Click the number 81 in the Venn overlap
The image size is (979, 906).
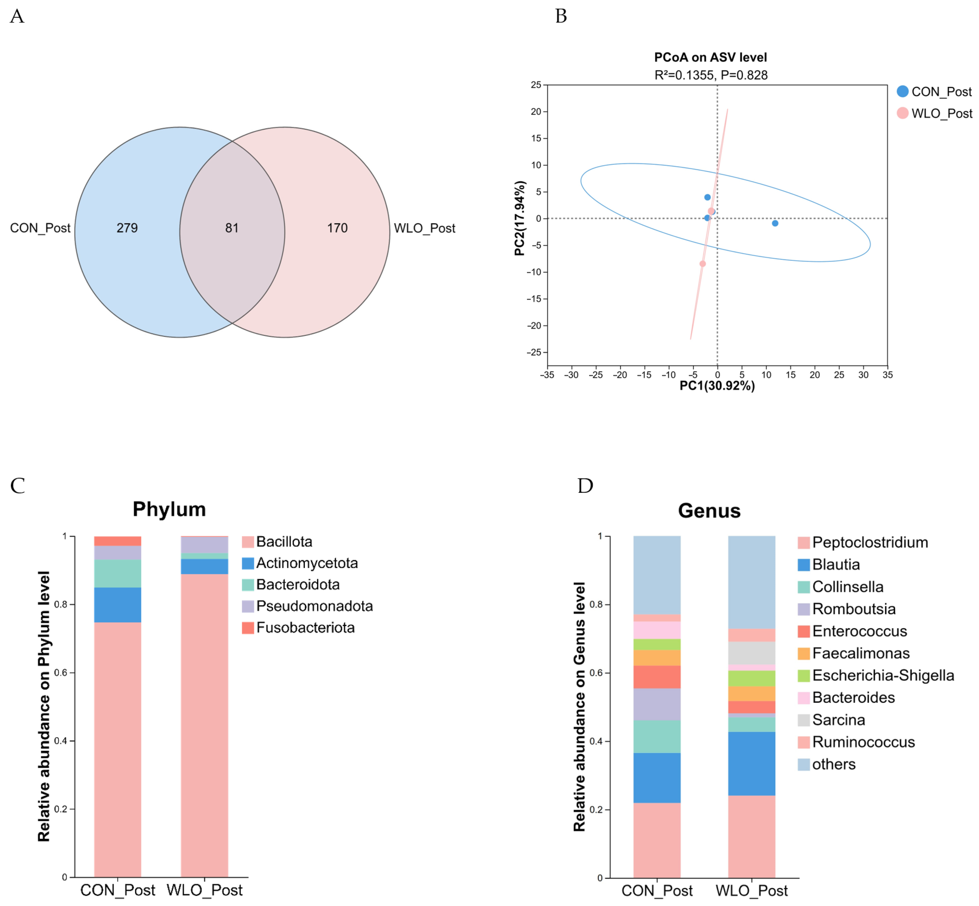point(232,228)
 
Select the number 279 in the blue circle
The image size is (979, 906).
point(127,228)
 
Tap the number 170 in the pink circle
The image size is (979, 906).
point(337,228)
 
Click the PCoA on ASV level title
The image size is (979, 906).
point(710,57)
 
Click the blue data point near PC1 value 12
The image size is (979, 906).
point(775,223)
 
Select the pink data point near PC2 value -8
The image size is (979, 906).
point(702,264)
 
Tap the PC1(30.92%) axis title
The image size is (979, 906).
point(717,386)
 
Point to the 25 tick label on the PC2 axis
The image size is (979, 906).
point(536,85)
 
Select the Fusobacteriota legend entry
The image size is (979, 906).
point(305,628)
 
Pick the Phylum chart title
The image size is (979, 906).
point(169,509)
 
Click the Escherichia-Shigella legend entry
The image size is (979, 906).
point(882,675)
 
